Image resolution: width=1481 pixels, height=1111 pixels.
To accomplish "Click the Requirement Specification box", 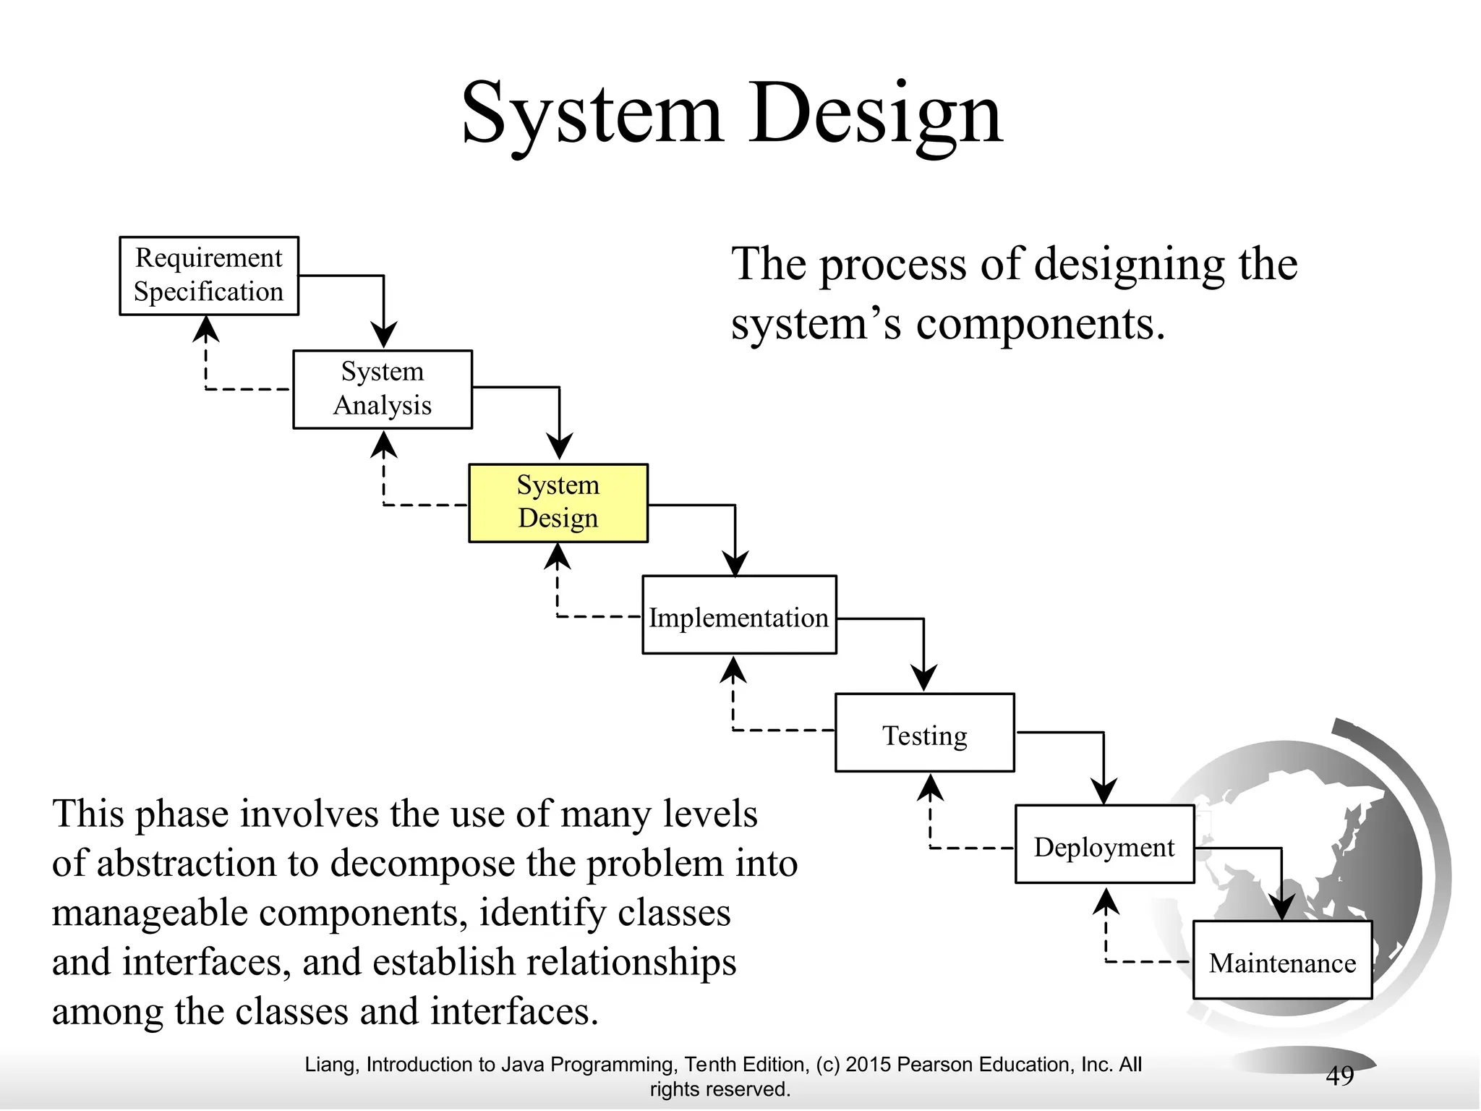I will coord(209,276).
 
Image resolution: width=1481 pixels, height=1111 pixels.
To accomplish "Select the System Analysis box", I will coord(383,389).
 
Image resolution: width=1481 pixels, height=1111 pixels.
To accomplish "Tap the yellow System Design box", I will coord(558,503).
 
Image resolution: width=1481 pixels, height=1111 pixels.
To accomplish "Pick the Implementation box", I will coord(739,616).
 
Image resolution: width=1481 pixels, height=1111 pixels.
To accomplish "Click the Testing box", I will coord(925,733).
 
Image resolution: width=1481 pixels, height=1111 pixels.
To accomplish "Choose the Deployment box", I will coord(1104,844).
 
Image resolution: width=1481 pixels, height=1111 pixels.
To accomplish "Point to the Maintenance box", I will coord(1282,960).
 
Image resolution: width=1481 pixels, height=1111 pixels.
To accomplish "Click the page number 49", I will coord(1339,1076).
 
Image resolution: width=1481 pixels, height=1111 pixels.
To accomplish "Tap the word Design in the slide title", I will coord(876,114).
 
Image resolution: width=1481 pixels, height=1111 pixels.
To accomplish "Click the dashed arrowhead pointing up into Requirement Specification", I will coord(207,329).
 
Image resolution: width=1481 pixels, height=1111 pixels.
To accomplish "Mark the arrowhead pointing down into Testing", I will coord(923,678).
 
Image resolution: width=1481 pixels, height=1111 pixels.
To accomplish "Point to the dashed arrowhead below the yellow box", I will coord(558,556).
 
